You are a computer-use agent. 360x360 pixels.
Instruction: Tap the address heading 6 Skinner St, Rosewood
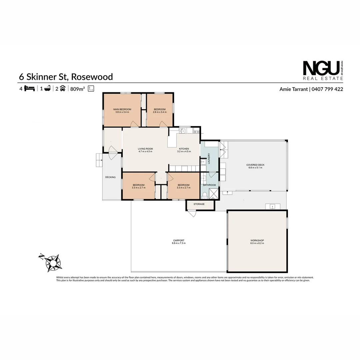coord(66,77)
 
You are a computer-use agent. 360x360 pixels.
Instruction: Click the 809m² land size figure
coord(78,89)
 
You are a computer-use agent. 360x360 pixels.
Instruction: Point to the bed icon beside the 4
coord(30,89)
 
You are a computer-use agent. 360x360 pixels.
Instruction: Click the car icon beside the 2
coord(62,89)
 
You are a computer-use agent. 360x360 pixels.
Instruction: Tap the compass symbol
coord(52,262)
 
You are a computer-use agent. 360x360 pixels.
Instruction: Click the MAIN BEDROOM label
coord(122,109)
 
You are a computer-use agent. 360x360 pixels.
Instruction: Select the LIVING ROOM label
coord(145,149)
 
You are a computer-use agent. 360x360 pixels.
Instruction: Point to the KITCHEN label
coord(184,149)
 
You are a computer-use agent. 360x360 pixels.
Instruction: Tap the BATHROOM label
coord(210,185)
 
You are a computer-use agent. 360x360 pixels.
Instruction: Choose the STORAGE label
coord(199,204)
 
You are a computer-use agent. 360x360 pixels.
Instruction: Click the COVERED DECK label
coord(255,165)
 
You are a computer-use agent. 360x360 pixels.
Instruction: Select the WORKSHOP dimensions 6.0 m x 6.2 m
coord(257,243)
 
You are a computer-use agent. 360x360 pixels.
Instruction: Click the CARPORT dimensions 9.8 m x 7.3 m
coord(179,243)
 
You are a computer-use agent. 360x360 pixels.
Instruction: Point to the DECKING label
coord(110,177)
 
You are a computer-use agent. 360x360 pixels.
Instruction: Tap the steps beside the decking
coord(99,160)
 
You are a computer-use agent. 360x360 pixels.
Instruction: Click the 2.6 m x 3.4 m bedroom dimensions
coord(160,112)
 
